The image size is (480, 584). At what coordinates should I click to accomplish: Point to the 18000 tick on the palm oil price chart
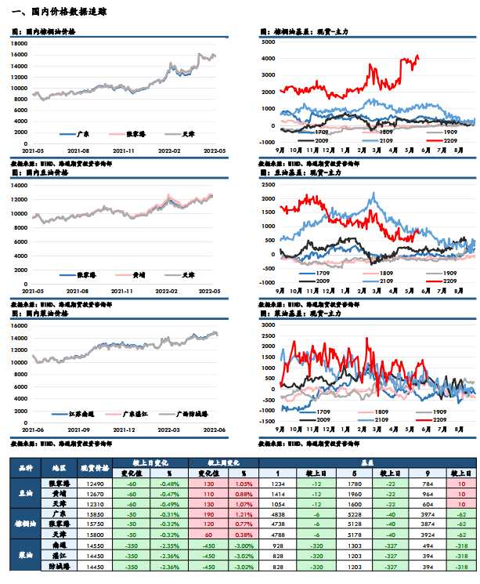[x=20, y=43]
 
